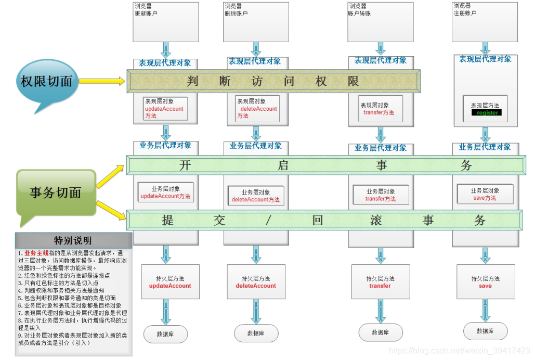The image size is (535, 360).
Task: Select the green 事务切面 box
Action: [x=56, y=192]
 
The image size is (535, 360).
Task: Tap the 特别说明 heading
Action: [x=73, y=240]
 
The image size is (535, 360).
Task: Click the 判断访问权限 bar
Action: [x=274, y=82]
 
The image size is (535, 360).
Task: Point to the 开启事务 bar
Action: [x=326, y=165]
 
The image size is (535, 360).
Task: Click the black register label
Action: [x=487, y=112]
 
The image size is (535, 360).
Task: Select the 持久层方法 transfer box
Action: [x=380, y=282]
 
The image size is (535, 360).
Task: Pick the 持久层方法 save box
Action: [x=485, y=282]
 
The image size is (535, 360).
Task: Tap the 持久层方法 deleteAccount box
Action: [x=256, y=282]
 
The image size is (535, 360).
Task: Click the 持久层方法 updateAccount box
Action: [x=170, y=282]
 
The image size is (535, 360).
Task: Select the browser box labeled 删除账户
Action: [x=255, y=22]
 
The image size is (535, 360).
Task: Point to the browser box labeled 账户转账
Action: [x=380, y=22]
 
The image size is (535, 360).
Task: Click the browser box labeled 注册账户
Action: [x=485, y=22]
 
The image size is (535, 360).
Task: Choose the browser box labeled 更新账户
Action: [x=166, y=22]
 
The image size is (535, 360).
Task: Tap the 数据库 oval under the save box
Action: [x=485, y=331]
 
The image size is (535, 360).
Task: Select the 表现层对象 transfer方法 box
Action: [x=381, y=109]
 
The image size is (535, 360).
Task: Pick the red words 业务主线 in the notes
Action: [x=34, y=253]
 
